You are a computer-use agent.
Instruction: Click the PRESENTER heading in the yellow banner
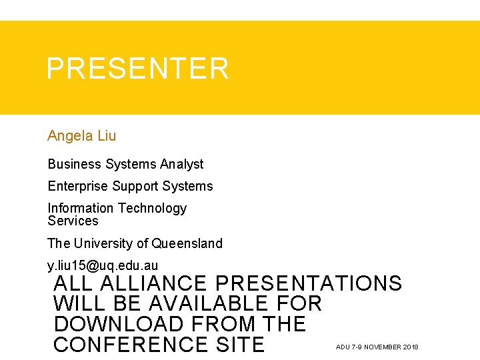tap(137, 69)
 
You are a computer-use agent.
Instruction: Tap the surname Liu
tap(107, 136)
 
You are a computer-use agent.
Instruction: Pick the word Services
tap(73, 221)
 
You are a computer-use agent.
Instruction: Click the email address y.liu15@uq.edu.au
tap(103, 266)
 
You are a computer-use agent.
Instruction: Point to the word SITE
tap(239, 345)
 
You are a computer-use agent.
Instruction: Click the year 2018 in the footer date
tap(411, 347)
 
